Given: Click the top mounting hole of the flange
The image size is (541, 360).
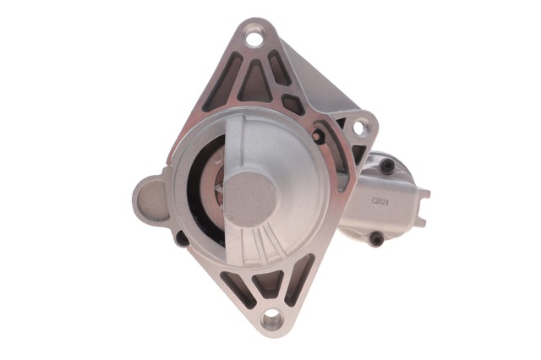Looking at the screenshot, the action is [x=254, y=37].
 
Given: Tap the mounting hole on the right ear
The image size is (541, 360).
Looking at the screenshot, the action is [x=359, y=128].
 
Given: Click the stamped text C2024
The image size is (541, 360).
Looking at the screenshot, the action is [x=380, y=201].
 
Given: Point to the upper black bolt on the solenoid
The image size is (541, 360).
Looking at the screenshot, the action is [x=387, y=166].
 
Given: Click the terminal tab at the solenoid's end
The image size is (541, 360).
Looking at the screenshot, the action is [x=424, y=207].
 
